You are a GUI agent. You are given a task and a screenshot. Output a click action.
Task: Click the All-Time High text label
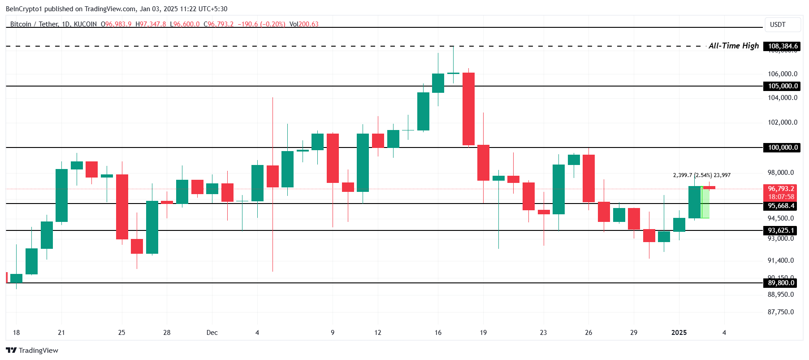733,46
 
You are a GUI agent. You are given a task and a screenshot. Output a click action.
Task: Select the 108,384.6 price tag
783,46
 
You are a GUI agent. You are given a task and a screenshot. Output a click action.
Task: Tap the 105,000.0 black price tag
783,86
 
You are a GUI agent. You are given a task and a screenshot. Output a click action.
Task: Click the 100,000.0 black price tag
783,147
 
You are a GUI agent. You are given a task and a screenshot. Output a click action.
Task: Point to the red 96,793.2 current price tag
781,189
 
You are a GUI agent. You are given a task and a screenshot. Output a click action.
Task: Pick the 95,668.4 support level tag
781,206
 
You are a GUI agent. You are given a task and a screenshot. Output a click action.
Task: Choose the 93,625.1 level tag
781,230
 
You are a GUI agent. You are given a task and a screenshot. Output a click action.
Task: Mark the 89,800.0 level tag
781,283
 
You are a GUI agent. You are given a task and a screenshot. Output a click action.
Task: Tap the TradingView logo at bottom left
32,350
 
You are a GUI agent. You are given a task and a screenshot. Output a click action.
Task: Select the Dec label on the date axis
212,333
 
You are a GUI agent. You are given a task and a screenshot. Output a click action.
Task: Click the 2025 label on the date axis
679,333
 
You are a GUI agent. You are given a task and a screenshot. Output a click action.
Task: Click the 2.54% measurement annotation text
703,175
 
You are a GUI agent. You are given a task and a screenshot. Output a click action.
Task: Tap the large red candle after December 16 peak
468,109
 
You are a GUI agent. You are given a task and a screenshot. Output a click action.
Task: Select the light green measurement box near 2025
705,203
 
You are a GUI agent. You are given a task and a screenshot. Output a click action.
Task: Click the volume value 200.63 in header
308,24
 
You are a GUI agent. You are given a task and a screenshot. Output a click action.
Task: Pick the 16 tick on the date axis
438,333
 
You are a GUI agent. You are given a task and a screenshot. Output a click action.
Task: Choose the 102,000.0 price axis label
783,122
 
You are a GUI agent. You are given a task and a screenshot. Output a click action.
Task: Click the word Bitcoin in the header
21,24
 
